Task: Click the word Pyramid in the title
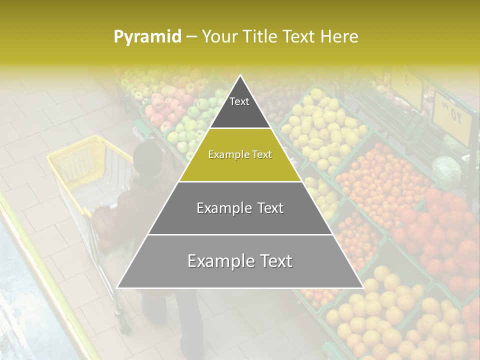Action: coord(147,36)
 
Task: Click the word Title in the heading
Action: coord(260,36)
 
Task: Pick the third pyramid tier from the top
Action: coord(240,208)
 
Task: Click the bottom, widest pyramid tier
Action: coord(240,261)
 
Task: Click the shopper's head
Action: coord(149,158)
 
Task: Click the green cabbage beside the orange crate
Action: coord(446,170)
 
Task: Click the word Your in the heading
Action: coord(218,36)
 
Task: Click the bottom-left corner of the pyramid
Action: coord(117,287)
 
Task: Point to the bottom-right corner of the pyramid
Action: coord(363,287)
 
